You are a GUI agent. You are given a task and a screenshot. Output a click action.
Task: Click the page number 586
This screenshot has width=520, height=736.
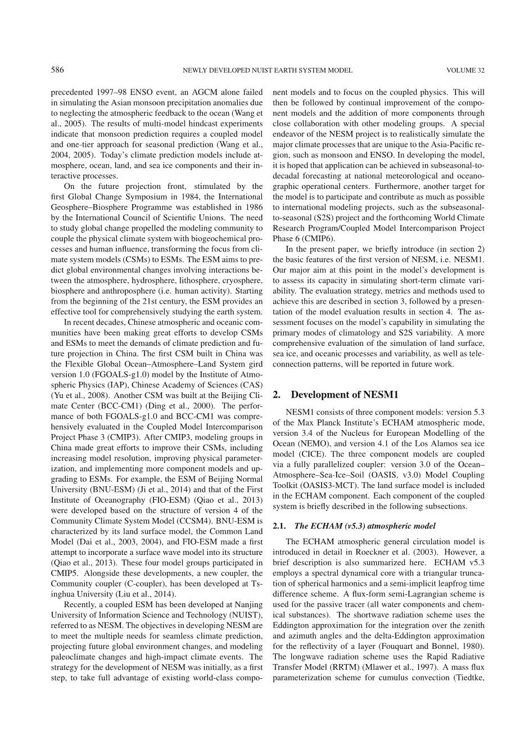click(57, 70)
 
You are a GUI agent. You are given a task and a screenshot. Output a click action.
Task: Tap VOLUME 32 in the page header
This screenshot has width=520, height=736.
click(465, 71)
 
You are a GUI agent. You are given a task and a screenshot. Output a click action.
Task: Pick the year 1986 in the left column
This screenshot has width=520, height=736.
click(252, 196)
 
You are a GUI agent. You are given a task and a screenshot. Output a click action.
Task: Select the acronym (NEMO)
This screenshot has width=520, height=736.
click(313, 443)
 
